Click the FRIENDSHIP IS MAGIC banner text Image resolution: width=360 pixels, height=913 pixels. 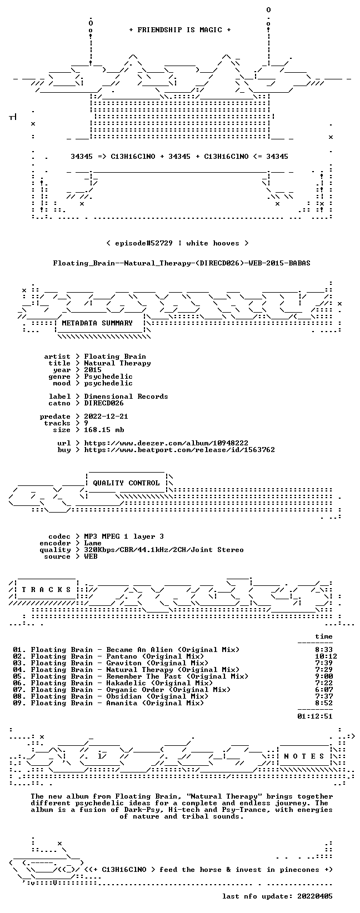click(180, 30)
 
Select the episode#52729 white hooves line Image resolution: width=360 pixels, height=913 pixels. click(177, 243)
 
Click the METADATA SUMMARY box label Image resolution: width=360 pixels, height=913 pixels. click(97, 323)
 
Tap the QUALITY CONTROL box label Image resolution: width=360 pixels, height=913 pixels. click(126, 483)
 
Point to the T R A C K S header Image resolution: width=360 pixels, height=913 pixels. click(46, 589)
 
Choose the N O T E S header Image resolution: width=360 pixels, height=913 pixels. click(304, 756)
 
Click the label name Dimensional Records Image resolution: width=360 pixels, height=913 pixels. click(126, 396)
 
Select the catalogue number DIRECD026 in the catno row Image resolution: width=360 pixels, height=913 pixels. click(103, 403)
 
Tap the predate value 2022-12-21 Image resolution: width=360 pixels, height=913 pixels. click(106, 416)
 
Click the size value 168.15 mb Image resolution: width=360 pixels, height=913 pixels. click(104, 430)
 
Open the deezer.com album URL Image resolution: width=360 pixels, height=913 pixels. click(166, 443)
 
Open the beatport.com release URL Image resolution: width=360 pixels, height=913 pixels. click(179, 450)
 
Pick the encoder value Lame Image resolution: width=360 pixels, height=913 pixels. click(93, 543)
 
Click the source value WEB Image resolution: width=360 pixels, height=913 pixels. click(91, 556)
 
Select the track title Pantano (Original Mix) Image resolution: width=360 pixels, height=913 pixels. click(155, 656)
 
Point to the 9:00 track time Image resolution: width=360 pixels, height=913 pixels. click(324, 676)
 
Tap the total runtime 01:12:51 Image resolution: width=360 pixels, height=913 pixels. click(315, 716)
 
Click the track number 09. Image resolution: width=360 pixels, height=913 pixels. click(17, 703)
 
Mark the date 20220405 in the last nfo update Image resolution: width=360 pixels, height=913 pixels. click(315, 896)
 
